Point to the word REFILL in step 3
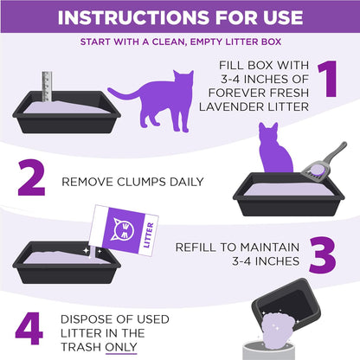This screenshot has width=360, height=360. tap(196, 247)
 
